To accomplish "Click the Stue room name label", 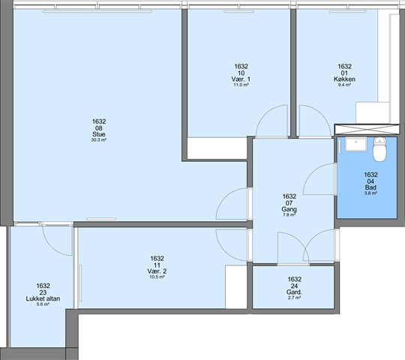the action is pos(99,134).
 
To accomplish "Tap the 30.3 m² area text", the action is pos(99,140).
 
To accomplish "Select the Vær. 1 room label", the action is pos(241,79).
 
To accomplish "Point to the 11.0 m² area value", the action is pos(241,85).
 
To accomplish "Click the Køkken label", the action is pos(344,79).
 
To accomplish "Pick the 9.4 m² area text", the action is pos(344,85).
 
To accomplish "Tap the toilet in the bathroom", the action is pos(379,149).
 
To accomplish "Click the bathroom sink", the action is pos(356,144).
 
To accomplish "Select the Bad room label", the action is pos(370,187).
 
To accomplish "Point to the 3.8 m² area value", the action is pos(370,193).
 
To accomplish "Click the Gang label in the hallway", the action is pos(289,209).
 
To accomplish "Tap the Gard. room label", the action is pos(294,292).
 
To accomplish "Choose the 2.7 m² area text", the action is pos(294,298).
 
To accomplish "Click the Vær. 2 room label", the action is pos(157,271).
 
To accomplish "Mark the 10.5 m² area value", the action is pos(157,277).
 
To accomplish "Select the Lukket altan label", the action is pos(43,298).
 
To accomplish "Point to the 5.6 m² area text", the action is pos(43,304).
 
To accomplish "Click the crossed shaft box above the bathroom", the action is pos(367,129).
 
